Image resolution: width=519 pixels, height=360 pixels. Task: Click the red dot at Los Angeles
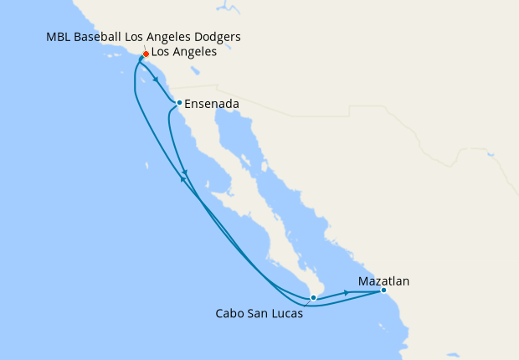click(146, 54)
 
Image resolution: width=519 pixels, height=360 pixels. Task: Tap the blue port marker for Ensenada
click(179, 103)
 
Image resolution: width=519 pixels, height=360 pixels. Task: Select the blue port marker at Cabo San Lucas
click(312, 297)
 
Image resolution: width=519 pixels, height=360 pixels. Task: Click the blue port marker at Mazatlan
click(383, 291)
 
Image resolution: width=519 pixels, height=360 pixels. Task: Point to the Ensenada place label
click(213, 104)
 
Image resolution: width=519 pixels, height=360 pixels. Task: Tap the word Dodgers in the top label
click(218, 39)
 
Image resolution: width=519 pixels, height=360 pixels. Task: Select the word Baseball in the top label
click(100, 39)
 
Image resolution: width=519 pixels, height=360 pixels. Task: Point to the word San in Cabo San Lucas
click(256, 315)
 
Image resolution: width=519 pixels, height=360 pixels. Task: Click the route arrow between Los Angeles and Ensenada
click(157, 80)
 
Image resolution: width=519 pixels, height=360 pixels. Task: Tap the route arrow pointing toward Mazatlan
click(346, 293)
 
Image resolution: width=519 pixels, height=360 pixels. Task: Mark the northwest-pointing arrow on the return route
click(182, 176)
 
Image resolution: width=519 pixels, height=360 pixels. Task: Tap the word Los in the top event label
click(136, 39)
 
